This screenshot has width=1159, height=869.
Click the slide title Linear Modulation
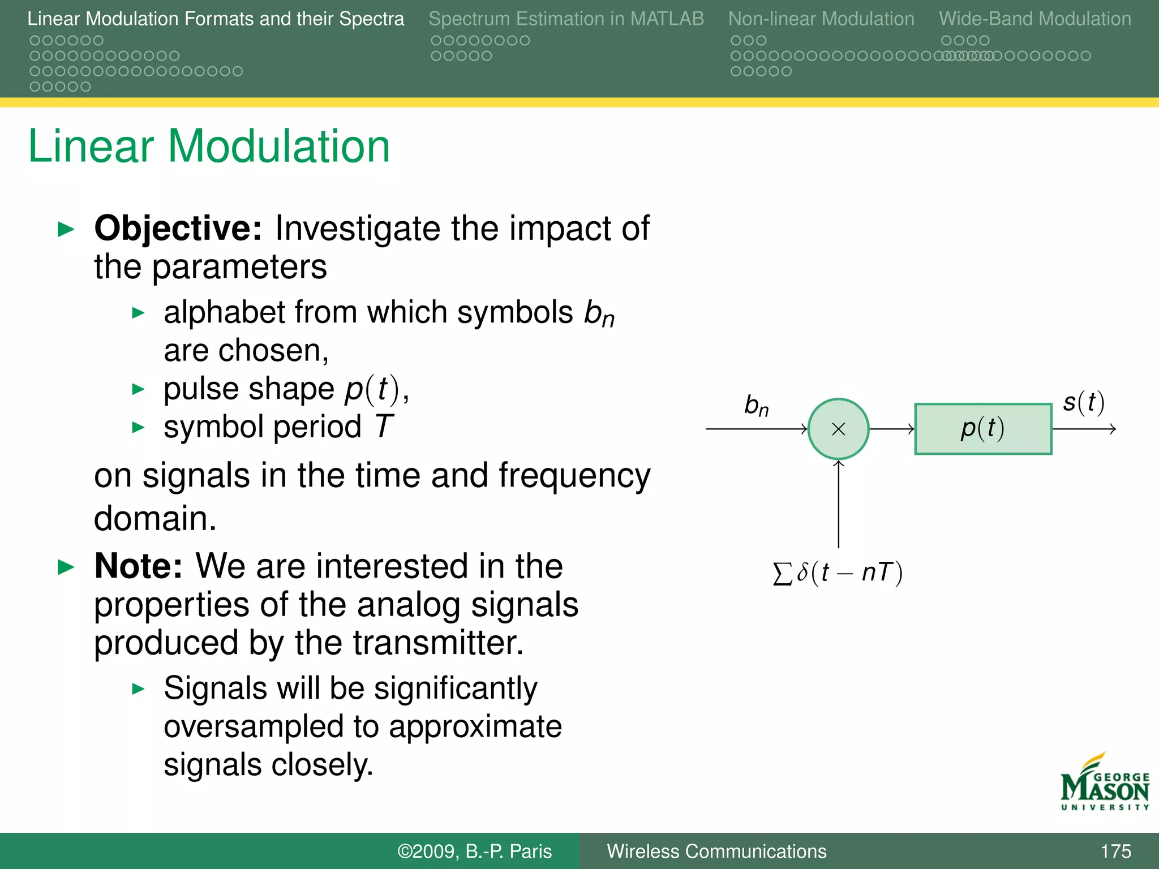point(209,146)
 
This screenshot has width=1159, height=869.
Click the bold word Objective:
point(178,229)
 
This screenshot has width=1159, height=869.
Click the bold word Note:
point(138,566)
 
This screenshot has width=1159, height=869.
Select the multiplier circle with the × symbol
point(838,429)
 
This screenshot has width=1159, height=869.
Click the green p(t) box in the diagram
point(983,429)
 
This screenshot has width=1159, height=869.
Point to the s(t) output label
point(1083,402)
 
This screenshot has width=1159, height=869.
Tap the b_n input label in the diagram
point(757,406)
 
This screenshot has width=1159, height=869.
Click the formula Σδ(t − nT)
point(838,573)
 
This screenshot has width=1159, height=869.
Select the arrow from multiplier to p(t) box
point(891,429)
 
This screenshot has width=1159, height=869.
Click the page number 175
point(1115,851)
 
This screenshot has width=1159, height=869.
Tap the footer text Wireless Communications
point(716,851)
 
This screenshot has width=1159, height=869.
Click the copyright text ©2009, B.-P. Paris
point(474,851)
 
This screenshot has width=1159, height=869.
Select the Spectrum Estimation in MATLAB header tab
point(566,19)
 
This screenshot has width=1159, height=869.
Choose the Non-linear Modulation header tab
point(821,19)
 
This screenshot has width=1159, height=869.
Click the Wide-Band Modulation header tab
point(1035,19)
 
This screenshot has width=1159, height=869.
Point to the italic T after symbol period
point(384,427)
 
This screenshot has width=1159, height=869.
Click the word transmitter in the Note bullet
point(438,643)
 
